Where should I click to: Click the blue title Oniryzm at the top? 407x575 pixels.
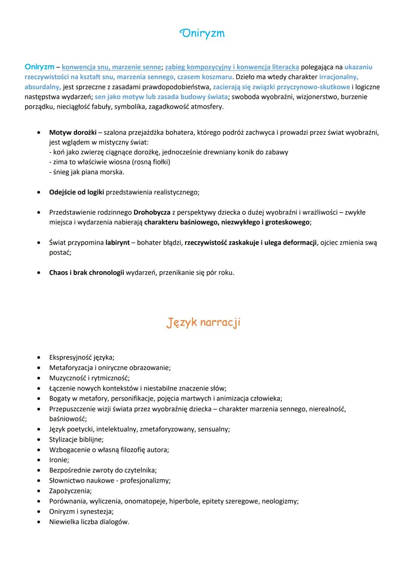(203, 34)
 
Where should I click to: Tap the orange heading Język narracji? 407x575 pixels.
(203, 322)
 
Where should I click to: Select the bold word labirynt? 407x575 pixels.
(117, 243)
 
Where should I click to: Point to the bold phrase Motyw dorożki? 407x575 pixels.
(73, 133)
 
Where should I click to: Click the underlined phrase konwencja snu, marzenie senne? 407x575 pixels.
(112, 67)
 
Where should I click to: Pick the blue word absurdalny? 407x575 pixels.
(42, 87)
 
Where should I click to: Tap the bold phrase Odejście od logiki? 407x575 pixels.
(77, 192)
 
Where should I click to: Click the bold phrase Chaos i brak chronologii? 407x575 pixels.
(86, 273)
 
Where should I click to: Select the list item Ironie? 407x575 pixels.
(59, 460)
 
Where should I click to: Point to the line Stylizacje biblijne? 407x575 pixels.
(76, 439)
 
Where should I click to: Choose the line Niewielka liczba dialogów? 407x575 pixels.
(89, 522)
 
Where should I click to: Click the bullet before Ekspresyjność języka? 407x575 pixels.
(39, 358)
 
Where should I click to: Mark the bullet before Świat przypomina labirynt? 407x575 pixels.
(39, 243)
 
